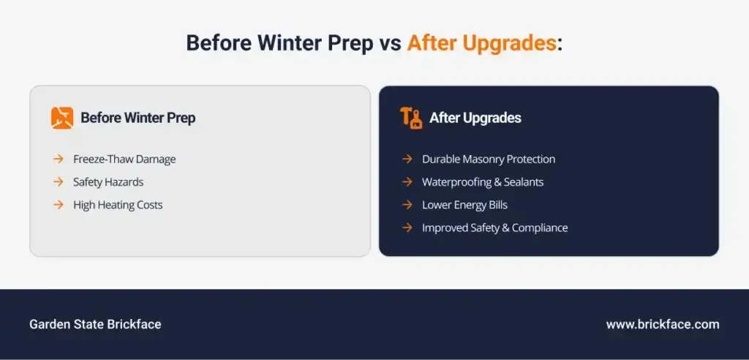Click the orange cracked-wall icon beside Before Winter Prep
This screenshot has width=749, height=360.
coord(62,118)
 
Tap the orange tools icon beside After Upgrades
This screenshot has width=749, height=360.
coord(411,118)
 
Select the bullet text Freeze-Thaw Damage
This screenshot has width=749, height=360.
coord(124,160)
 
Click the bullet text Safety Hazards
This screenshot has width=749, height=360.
coord(108,182)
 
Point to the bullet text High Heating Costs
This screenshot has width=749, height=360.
coord(118,205)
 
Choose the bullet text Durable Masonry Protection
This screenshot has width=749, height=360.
coord(488,160)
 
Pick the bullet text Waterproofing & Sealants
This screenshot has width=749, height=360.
coord(483,182)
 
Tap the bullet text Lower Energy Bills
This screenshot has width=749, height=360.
coord(464,205)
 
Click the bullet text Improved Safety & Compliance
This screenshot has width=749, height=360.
coord(494,228)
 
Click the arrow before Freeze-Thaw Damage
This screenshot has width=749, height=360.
coord(59,160)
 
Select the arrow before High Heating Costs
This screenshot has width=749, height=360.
coord(59,205)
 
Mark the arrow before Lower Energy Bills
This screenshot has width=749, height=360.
coord(407,205)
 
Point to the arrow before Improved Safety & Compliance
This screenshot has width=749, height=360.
coord(407,228)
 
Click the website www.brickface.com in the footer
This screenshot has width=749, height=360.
coord(663,325)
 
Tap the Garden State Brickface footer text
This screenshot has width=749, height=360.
coord(95,325)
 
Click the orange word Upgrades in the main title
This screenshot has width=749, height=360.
coord(510,43)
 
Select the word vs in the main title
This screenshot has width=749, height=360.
coord(391,44)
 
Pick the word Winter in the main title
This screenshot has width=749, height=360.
coord(291,43)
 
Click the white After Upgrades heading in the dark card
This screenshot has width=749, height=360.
coord(475,118)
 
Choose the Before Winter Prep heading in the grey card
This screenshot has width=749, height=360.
coord(138,118)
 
